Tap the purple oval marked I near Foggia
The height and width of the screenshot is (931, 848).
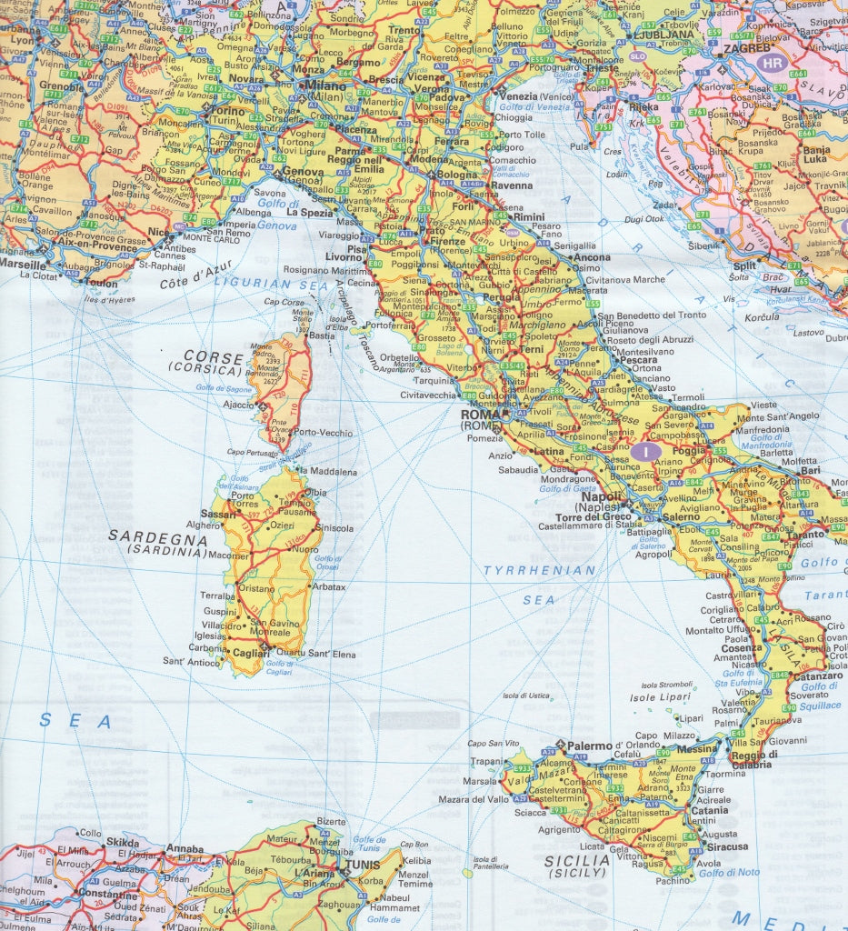tap(645, 450)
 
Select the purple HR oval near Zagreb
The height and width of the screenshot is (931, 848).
tap(773, 63)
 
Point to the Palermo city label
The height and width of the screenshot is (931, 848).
tap(592, 746)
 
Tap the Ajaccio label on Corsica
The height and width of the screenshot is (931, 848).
tap(239, 405)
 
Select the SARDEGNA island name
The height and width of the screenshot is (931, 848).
tap(158, 536)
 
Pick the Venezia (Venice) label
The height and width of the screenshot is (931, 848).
tap(519, 96)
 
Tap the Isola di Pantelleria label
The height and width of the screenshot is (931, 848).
tap(485, 863)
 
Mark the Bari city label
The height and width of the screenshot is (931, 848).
tap(811, 470)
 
